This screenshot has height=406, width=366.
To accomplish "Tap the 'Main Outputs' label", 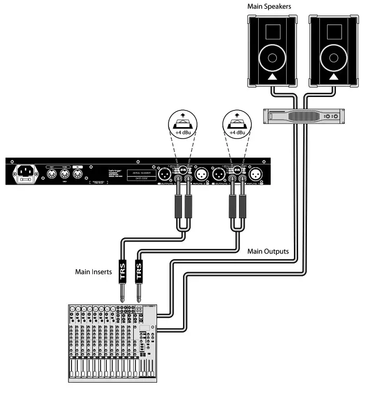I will pyautogui.click(x=268, y=251).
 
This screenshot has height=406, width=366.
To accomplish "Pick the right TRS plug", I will pyautogui.click(x=138, y=272).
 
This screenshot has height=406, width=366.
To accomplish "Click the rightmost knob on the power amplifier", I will pyautogui.click(x=335, y=117).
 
